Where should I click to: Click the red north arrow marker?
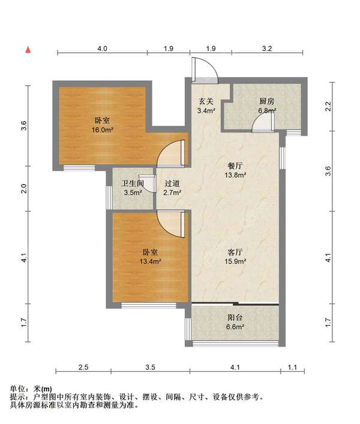[28, 50]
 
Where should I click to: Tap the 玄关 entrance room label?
[206, 101]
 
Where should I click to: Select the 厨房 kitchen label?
[266, 101]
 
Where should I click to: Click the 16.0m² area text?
[102, 130]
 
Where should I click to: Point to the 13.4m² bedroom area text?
[151, 261]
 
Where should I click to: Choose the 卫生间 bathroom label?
[132, 184]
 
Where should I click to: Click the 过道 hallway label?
[172, 184]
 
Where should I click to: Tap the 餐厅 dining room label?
[235, 166]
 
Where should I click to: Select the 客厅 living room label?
[235, 252]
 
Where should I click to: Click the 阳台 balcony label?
[235, 317]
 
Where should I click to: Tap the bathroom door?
[151, 184]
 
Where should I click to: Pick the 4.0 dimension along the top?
[102, 49]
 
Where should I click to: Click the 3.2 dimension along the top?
[267, 49]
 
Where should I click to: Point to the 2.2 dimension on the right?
[328, 106]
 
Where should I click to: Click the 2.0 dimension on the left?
[24, 188]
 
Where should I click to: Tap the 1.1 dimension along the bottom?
[292, 367]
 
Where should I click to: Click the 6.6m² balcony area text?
[235, 327]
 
